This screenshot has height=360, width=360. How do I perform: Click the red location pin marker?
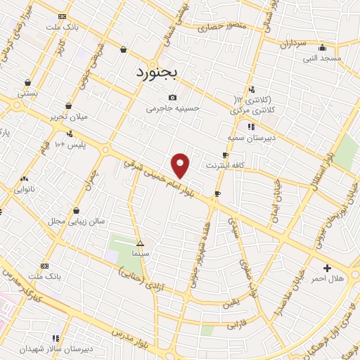(x=181, y=165)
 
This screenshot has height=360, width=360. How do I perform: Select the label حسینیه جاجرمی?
(x=173, y=108)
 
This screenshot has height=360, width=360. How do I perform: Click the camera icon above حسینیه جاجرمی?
(x=173, y=97)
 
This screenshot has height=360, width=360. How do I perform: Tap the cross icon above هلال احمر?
(x=328, y=268)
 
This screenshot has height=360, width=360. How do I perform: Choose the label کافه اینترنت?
(x=224, y=165)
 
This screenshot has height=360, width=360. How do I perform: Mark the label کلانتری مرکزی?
(x=252, y=110)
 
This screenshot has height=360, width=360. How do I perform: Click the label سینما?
(x=140, y=252)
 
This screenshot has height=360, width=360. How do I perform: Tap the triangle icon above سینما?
(x=140, y=243)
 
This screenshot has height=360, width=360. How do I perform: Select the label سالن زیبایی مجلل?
(x=77, y=220)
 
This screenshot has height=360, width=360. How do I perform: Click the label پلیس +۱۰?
(x=70, y=144)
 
